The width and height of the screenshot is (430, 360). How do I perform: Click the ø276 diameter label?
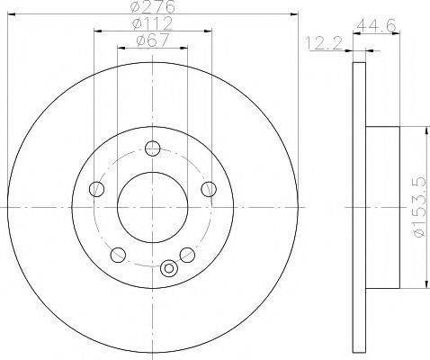pyautogui.click(x=153, y=6)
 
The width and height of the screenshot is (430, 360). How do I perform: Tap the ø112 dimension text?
pyautogui.click(x=153, y=23)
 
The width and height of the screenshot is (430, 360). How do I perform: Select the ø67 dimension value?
pyautogui.click(x=153, y=40)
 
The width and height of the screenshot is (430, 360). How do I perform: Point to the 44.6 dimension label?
pyautogui.click(x=376, y=26)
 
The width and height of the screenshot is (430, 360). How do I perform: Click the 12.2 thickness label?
pyautogui.click(x=324, y=43)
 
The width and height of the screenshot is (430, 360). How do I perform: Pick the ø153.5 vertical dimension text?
pyautogui.click(x=419, y=207)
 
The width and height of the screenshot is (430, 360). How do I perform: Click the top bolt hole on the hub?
pyautogui.click(x=153, y=148)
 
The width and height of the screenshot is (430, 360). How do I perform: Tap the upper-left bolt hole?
pyautogui.click(x=96, y=189)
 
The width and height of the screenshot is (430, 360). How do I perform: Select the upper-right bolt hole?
pyautogui.click(x=209, y=189)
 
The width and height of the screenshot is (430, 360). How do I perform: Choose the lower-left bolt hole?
pyautogui.click(x=118, y=255)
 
